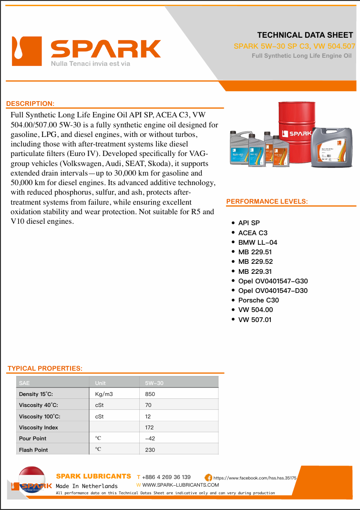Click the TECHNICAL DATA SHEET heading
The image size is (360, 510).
(305, 35)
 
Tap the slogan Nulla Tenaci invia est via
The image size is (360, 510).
(91, 63)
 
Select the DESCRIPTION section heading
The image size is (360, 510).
(30, 104)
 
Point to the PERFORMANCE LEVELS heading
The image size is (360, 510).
(267, 202)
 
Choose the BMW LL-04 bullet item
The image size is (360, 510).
(257, 242)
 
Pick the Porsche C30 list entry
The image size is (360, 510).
(258, 300)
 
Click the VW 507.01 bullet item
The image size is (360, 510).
(255, 320)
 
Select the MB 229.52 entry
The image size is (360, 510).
(255, 261)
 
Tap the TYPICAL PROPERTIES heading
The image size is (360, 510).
(45, 368)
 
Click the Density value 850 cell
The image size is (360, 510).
(150, 394)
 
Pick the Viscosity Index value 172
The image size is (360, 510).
(150, 427)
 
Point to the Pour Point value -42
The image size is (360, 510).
(150, 438)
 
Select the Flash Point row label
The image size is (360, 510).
(33, 450)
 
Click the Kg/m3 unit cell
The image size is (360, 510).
(104, 394)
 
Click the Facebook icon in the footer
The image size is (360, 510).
(208, 477)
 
